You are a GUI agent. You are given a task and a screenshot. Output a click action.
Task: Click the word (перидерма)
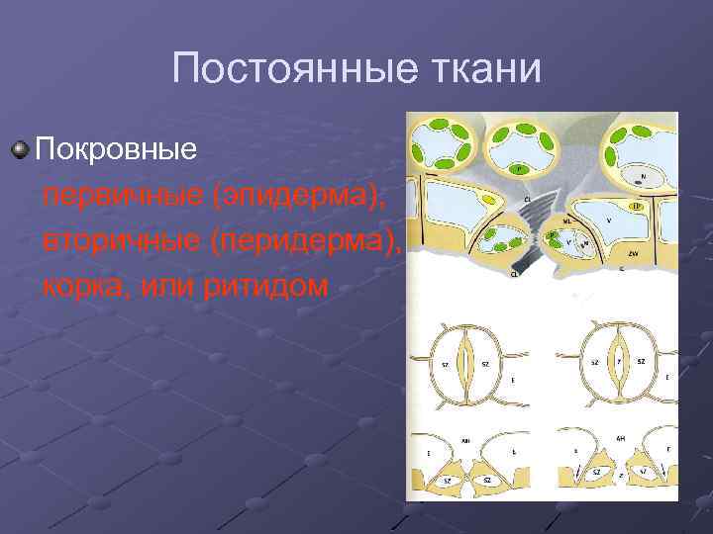click(308, 241)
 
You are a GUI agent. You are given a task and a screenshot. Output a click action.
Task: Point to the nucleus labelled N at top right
click(643, 177)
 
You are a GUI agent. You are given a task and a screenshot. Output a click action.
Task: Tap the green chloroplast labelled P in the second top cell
click(516, 170)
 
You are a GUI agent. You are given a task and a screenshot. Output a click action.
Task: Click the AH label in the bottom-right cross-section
click(620, 437)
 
